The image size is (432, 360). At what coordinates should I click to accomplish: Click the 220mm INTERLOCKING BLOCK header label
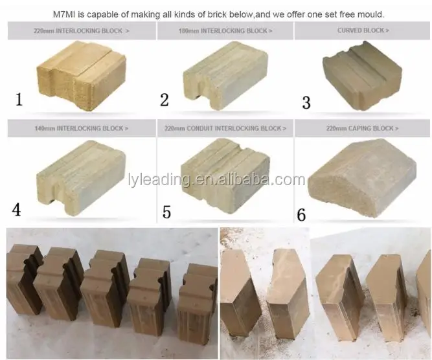pos(81,31)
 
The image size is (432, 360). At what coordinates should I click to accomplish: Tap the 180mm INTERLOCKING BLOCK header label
pos(225,31)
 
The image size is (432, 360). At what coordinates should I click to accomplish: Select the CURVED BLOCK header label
pos(363,30)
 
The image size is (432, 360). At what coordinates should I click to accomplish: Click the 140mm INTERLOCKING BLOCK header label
pos(81,128)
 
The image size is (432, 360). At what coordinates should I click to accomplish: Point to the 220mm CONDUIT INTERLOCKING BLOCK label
pos(225,128)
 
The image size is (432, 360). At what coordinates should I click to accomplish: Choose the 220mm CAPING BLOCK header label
pos(362,128)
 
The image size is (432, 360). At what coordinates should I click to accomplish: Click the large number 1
pos(19,100)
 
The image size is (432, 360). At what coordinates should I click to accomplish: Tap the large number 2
pos(165,100)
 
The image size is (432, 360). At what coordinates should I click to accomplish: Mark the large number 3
pos(306,102)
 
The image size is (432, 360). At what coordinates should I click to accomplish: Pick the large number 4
pos(16,210)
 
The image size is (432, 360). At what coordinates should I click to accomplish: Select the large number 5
pos(166,212)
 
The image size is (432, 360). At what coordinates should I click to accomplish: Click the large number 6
pos(301,215)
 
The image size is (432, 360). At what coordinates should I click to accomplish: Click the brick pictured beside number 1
pos(81,76)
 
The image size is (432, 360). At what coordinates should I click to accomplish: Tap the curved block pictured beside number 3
pos(362,75)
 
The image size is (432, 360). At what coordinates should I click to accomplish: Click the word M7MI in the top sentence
pos(64,14)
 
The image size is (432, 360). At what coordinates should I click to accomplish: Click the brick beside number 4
pos(81,177)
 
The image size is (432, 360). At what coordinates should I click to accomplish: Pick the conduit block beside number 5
pos(225,175)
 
